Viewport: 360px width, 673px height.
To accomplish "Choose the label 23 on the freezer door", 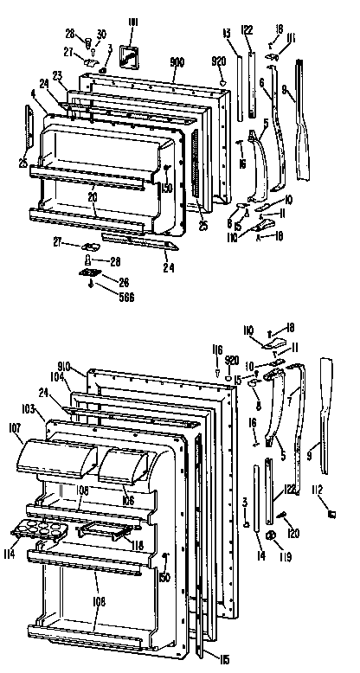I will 56,74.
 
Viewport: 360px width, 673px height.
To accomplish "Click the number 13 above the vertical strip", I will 226,33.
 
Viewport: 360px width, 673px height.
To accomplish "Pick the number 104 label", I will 58,378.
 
